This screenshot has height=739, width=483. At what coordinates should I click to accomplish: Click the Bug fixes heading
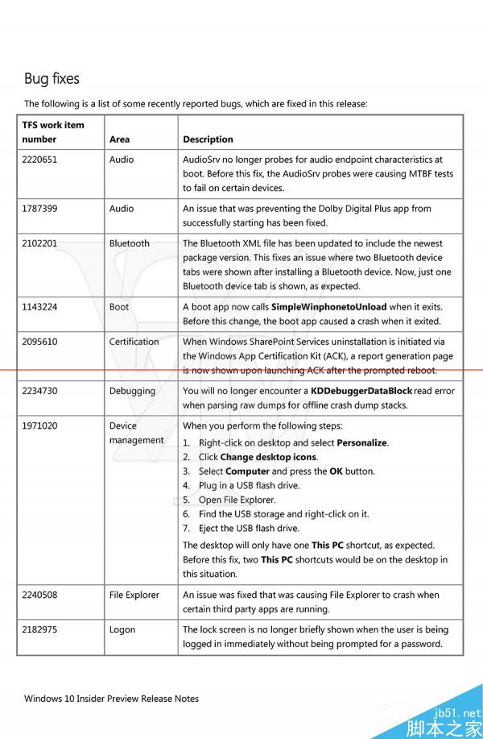[x=52, y=79]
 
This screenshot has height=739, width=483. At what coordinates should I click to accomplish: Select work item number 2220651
[x=39, y=160]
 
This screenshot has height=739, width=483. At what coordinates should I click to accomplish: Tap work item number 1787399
[x=39, y=209]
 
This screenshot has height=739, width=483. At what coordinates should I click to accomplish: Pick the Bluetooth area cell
[x=130, y=243]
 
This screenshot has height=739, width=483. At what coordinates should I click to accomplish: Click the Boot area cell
[x=119, y=307]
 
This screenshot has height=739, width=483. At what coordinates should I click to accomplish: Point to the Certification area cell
[x=134, y=342]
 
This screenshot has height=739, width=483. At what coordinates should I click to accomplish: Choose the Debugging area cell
[x=132, y=391]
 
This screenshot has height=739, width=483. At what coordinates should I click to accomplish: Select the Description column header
[x=208, y=139]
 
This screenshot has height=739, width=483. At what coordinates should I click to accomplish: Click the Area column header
[x=119, y=139]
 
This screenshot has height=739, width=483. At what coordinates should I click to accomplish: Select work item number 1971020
[x=39, y=426]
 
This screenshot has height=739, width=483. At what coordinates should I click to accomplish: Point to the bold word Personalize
[x=362, y=442]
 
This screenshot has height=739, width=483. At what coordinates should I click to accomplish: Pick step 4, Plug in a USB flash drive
[x=249, y=485]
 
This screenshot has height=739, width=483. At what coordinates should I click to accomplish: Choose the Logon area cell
[x=122, y=629]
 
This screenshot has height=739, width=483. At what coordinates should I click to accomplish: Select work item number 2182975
[x=39, y=629]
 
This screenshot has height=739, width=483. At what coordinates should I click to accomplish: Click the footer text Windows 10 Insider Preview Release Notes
[x=111, y=698]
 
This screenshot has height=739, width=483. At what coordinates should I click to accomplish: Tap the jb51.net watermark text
[x=459, y=712]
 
